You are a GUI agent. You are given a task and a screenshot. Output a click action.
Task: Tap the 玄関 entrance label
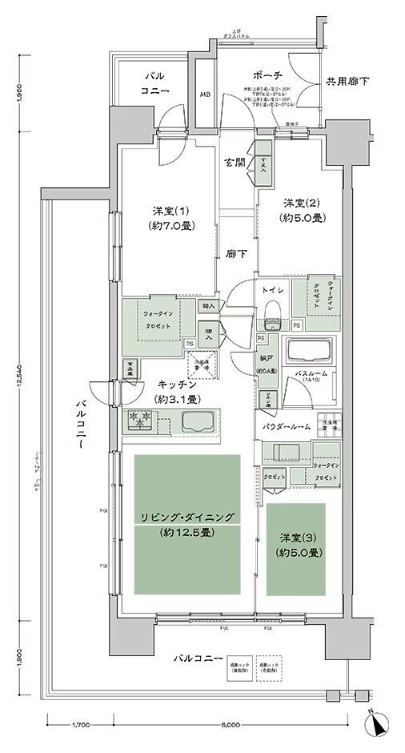pos(235,162)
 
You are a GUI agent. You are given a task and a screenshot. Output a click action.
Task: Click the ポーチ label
pos(265,75)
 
